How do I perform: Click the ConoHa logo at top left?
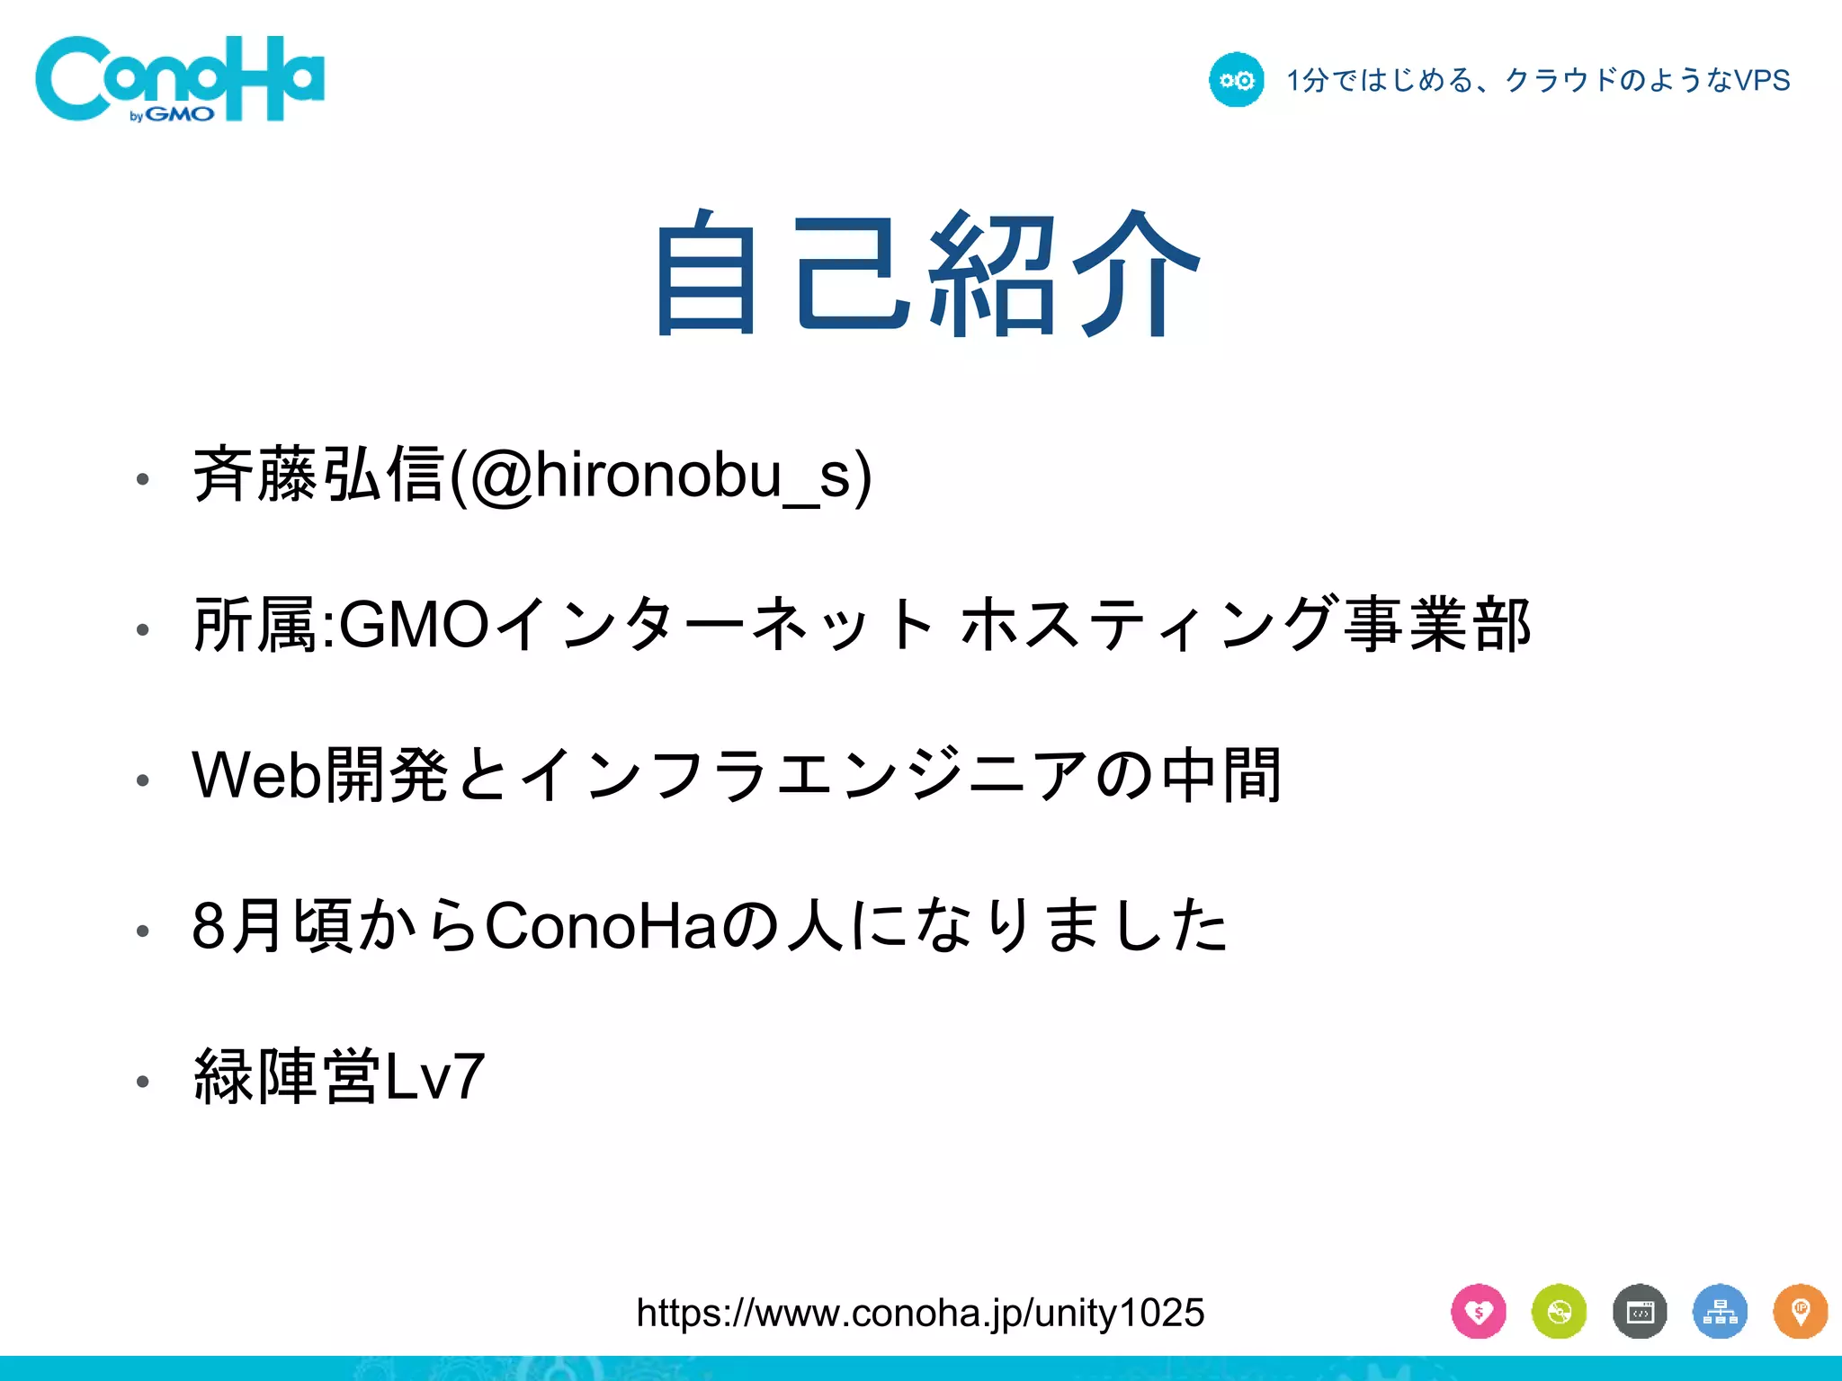[180, 79]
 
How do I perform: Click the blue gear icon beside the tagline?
[1236, 80]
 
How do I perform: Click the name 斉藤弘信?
[318, 476]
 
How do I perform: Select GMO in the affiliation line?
[413, 626]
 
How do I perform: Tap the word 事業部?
[1436, 626]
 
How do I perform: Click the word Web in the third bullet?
[257, 775]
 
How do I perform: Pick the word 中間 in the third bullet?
[1221, 775]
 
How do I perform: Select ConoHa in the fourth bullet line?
[601, 926]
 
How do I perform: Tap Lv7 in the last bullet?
[435, 1077]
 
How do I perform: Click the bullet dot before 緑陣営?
[142, 1081]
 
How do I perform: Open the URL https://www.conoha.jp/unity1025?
[919, 1314]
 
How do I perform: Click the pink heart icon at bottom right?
[1478, 1313]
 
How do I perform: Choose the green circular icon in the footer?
[1559, 1313]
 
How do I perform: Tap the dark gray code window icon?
[1640, 1313]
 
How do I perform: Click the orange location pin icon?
[1800, 1313]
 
